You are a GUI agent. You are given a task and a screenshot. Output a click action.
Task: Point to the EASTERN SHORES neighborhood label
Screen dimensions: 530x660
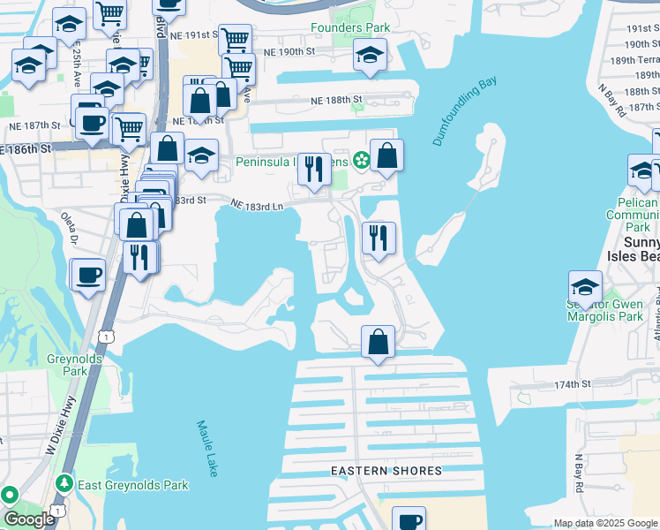coord(386,471)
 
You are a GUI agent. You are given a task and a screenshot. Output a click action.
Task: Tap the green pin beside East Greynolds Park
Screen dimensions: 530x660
coord(64,484)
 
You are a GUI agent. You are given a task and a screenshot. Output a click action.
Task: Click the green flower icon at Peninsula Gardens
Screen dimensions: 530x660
coord(361,160)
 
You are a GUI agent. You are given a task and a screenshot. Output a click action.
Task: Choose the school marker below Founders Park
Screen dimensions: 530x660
coord(370,56)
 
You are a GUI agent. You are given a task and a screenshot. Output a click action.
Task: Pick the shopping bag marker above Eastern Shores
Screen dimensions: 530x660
coord(378,342)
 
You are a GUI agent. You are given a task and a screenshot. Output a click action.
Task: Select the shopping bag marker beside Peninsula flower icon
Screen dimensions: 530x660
coord(386,156)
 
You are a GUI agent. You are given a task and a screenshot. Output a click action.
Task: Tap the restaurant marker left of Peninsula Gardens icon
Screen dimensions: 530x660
coord(314,168)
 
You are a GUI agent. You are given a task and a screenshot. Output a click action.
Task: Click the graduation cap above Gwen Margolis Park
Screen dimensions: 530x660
coord(585,287)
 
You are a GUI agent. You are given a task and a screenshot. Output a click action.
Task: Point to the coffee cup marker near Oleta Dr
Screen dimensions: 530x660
coord(88,274)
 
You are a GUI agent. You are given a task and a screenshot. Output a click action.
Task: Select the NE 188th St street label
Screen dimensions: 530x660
coord(336,101)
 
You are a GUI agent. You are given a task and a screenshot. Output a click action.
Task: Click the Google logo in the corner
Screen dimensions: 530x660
coord(29,519)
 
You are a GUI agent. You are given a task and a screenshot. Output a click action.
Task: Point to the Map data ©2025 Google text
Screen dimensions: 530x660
coord(605,523)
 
